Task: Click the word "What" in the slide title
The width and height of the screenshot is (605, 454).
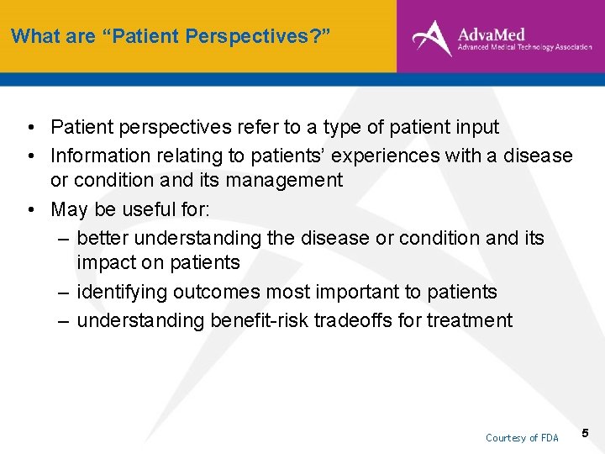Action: [x=31, y=36]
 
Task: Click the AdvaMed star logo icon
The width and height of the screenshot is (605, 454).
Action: [x=431, y=38]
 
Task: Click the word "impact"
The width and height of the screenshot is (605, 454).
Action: [x=108, y=262]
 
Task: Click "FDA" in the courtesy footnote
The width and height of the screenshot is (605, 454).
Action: [x=548, y=438]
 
